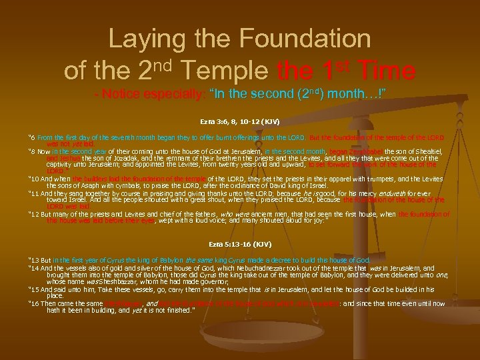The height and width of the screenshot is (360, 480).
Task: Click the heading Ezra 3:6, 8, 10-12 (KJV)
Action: click(239, 123)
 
